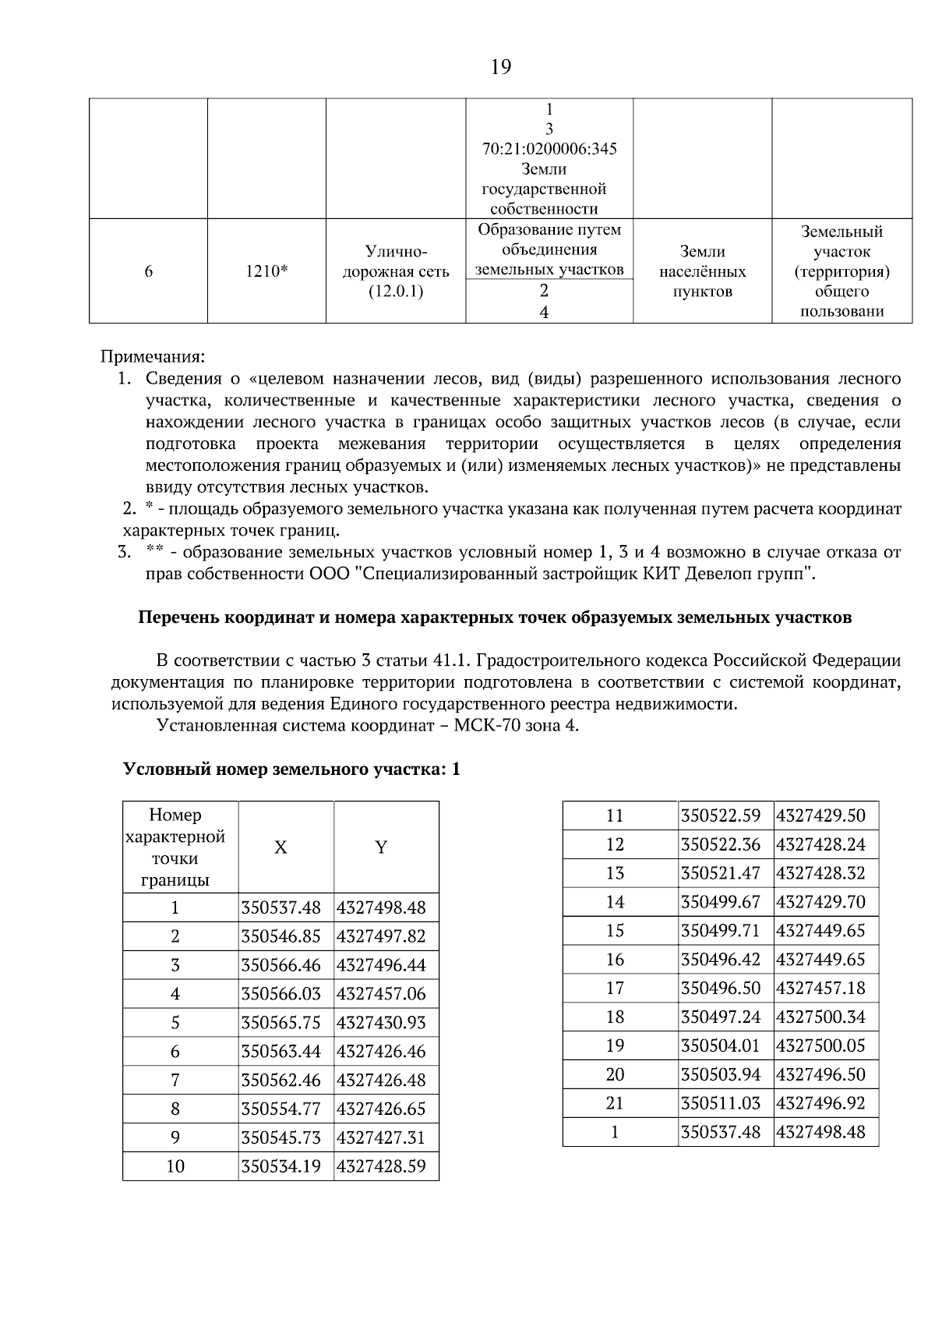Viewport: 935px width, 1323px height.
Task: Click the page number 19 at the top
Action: (x=501, y=67)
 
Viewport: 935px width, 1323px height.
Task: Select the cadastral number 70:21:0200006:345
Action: (x=549, y=149)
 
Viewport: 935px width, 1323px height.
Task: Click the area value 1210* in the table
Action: (x=266, y=271)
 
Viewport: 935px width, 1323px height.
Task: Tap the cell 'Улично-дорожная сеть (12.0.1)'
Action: (x=396, y=272)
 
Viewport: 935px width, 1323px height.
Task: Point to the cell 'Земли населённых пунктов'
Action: (x=702, y=272)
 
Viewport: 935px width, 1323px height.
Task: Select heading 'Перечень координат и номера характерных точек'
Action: (x=495, y=617)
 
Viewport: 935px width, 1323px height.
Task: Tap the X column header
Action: (x=280, y=847)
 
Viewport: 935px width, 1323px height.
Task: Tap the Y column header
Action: (x=381, y=847)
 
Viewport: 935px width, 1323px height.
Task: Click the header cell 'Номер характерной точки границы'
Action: (x=175, y=847)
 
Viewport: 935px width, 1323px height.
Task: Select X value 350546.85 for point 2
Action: (x=281, y=936)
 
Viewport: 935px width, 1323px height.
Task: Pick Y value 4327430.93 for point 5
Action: (x=381, y=1023)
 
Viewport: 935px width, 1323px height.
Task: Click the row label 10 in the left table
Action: (x=175, y=1167)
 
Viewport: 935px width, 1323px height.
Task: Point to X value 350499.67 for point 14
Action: (x=721, y=902)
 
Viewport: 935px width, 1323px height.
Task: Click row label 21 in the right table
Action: (x=615, y=1103)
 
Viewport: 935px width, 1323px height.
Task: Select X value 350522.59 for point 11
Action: (x=721, y=816)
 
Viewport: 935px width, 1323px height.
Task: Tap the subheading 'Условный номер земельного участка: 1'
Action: (x=292, y=769)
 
